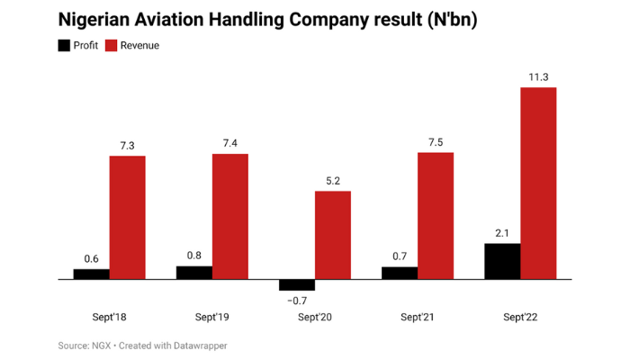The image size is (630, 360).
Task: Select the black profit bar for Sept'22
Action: click(502, 261)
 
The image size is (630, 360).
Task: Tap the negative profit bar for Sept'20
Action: click(297, 284)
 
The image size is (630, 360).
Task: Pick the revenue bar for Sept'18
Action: click(128, 217)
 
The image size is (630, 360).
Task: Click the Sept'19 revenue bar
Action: click(230, 216)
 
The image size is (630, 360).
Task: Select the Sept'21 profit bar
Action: click(400, 273)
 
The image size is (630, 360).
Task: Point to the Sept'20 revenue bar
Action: click(333, 235)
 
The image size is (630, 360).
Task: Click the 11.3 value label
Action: click(538, 76)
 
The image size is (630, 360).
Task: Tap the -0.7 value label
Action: click(296, 301)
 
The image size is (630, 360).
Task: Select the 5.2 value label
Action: click(333, 180)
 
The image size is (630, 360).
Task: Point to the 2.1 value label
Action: click(502, 232)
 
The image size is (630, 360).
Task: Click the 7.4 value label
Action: click(230, 142)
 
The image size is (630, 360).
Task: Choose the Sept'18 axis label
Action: click(109, 317)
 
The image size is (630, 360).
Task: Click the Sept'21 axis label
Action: click(417, 317)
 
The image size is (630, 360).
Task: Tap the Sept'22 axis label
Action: click(519, 317)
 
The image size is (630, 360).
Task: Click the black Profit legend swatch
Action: click(63, 45)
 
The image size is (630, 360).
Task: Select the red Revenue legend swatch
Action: click(112, 45)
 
